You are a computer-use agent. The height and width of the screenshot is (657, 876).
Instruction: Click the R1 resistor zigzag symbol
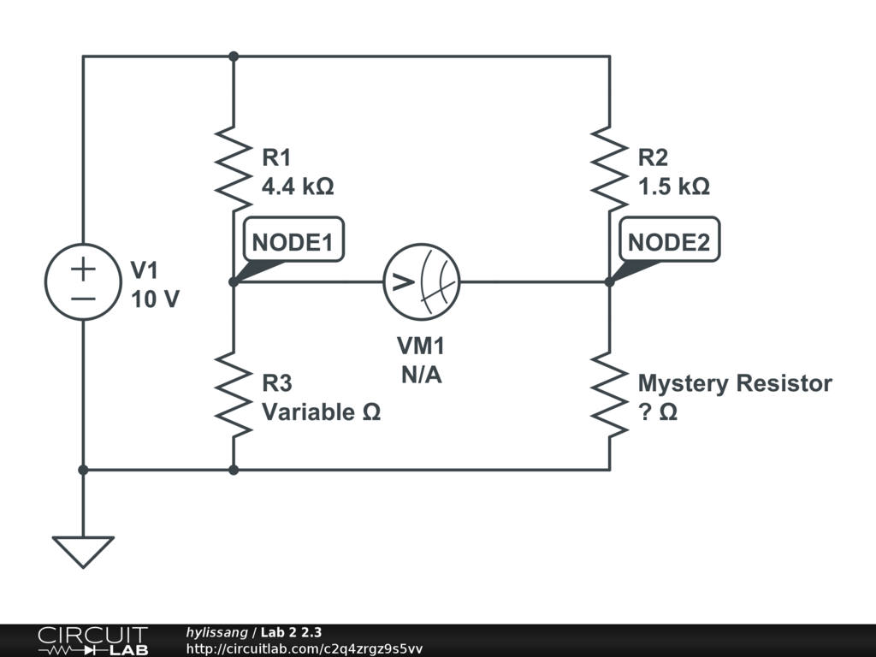coord(234,169)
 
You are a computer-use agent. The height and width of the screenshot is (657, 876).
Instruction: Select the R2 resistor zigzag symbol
coord(609,169)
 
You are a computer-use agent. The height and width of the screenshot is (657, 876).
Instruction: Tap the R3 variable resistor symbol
coord(234,394)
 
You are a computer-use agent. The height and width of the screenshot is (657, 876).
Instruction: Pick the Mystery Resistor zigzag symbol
coord(609,394)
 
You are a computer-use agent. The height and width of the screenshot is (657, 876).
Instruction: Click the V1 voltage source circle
coord(83,281)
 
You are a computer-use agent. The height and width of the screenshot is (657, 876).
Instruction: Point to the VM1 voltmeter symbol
coord(421,281)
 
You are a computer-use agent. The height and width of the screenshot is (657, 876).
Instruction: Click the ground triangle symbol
coord(83,550)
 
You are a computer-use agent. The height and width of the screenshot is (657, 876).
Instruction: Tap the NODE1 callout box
coord(292,242)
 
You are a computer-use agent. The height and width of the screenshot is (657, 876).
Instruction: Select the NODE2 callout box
coord(668,242)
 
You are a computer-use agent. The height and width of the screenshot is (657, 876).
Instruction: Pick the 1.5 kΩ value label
coord(673,186)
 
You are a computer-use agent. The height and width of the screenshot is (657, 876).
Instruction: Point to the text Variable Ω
coord(321,411)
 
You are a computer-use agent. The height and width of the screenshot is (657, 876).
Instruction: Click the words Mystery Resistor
coord(735,383)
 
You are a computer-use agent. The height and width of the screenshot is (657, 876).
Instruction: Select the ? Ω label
coord(658,411)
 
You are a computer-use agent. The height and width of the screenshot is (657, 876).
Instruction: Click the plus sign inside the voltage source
coord(83,269)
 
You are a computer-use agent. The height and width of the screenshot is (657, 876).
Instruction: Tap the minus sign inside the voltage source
coord(83,298)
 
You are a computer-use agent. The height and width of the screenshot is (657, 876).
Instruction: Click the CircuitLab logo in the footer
coord(92,641)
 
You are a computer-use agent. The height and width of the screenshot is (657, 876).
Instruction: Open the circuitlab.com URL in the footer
coord(304,648)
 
